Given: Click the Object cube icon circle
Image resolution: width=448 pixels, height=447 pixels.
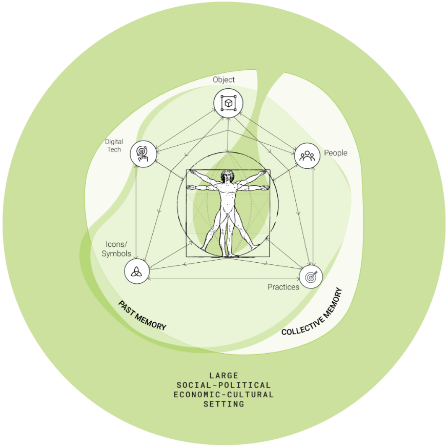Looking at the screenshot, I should point(228,103).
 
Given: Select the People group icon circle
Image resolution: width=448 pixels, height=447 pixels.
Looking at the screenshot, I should point(307,155).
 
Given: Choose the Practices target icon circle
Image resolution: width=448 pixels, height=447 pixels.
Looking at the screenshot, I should point(311,277).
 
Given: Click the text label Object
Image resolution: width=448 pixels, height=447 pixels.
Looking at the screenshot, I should point(224,80).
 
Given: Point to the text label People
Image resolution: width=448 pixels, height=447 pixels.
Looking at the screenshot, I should point(335,153).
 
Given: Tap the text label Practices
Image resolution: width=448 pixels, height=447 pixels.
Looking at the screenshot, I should point(283,287).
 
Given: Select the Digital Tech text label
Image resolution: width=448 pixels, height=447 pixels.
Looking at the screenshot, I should point(114,145).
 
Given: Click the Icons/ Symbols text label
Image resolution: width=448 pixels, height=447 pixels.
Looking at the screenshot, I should point(116,249).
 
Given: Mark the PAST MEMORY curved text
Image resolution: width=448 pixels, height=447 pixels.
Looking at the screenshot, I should point(142,315).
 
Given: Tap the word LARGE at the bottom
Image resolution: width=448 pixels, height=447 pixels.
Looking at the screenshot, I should point(223,376).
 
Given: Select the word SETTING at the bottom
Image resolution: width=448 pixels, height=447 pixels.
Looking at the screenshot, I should point(223,404).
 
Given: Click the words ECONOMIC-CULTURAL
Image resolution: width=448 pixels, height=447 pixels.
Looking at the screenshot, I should point(223,395).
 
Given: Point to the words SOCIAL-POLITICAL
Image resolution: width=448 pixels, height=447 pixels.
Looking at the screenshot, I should point(223,385).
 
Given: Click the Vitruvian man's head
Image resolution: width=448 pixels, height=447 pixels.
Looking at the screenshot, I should point(227,177).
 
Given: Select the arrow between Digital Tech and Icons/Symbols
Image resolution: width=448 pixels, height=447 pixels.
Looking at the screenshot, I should point(136,210).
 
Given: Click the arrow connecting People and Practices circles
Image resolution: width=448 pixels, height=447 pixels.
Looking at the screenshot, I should point(313,216).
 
